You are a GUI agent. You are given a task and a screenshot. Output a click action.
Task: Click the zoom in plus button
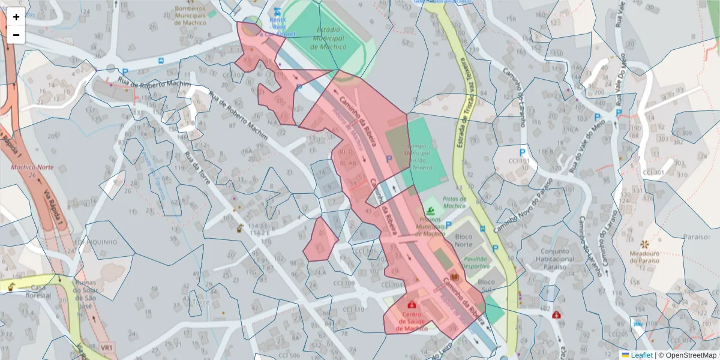[x=16, y=17]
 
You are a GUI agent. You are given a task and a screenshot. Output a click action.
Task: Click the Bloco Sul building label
[x=486, y=286]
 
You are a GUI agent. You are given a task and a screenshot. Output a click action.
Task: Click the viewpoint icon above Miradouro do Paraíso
[x=645, y=245]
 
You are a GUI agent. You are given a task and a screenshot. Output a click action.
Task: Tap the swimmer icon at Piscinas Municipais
[x=431, y=211]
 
